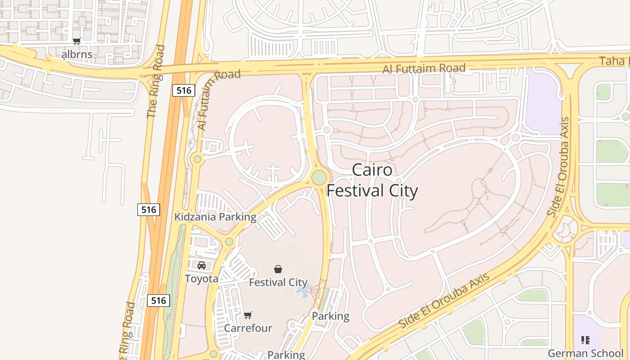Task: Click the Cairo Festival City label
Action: (x=372, y=180)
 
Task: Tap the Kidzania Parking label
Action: (x=215, y=217)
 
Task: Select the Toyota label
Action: (x=202, y=279)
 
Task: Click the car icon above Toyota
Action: (x=202, y=265)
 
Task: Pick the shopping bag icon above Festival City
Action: (x=278, y=269)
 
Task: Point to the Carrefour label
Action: (x=248, y=328)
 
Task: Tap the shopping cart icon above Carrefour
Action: (x=248, y=315)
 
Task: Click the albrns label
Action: (x=77, y=54)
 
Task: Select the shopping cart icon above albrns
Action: (x=77, y=41)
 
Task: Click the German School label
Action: (x=585, y=353)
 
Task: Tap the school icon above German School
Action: (x=585, y=340)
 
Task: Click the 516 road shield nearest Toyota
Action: (x=158, y=301)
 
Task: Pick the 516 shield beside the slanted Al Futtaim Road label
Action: (x=184, y=90)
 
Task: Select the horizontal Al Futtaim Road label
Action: (x=424, y=69)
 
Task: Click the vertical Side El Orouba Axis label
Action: (x=559, y=166)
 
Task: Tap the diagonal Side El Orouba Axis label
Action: (x=444, y=300)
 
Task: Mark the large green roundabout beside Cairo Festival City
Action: (x=319, y=177)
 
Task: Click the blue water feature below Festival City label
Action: (x=302, y=292)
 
